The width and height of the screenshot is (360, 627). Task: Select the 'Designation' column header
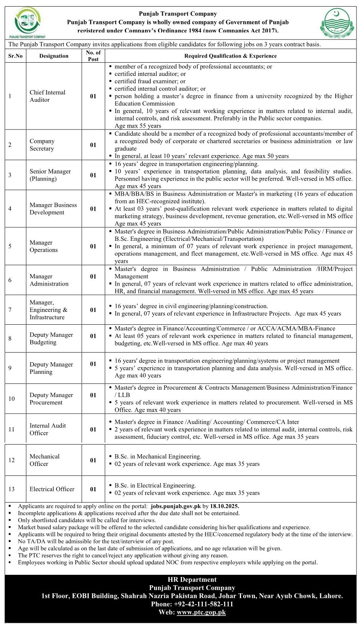pos(54,56)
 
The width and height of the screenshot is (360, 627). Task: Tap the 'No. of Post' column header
pos(93,56)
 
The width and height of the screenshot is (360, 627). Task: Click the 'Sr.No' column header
pos(15,56)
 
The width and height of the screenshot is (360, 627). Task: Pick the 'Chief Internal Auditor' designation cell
pos(48,96)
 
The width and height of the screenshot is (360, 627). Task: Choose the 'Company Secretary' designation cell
pos(42,145)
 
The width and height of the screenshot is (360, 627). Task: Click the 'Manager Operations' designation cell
pos(44,246)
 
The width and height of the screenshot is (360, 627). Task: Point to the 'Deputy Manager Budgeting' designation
pos(51,338)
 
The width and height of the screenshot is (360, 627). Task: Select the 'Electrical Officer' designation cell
pos(52,489)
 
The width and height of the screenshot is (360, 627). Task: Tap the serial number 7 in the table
pos(10,310)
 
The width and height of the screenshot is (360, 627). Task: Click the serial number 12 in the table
pos(11,460)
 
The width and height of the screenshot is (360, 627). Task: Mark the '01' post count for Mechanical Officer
pos(93,460)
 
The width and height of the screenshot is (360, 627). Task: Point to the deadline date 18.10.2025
pos(225,506)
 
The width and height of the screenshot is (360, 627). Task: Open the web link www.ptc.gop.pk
pos(201,612)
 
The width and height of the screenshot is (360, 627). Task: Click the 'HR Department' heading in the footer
pos(192,579)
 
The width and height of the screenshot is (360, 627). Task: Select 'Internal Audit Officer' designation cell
pos(48,429)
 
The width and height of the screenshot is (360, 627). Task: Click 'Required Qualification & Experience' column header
pos(230,56)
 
